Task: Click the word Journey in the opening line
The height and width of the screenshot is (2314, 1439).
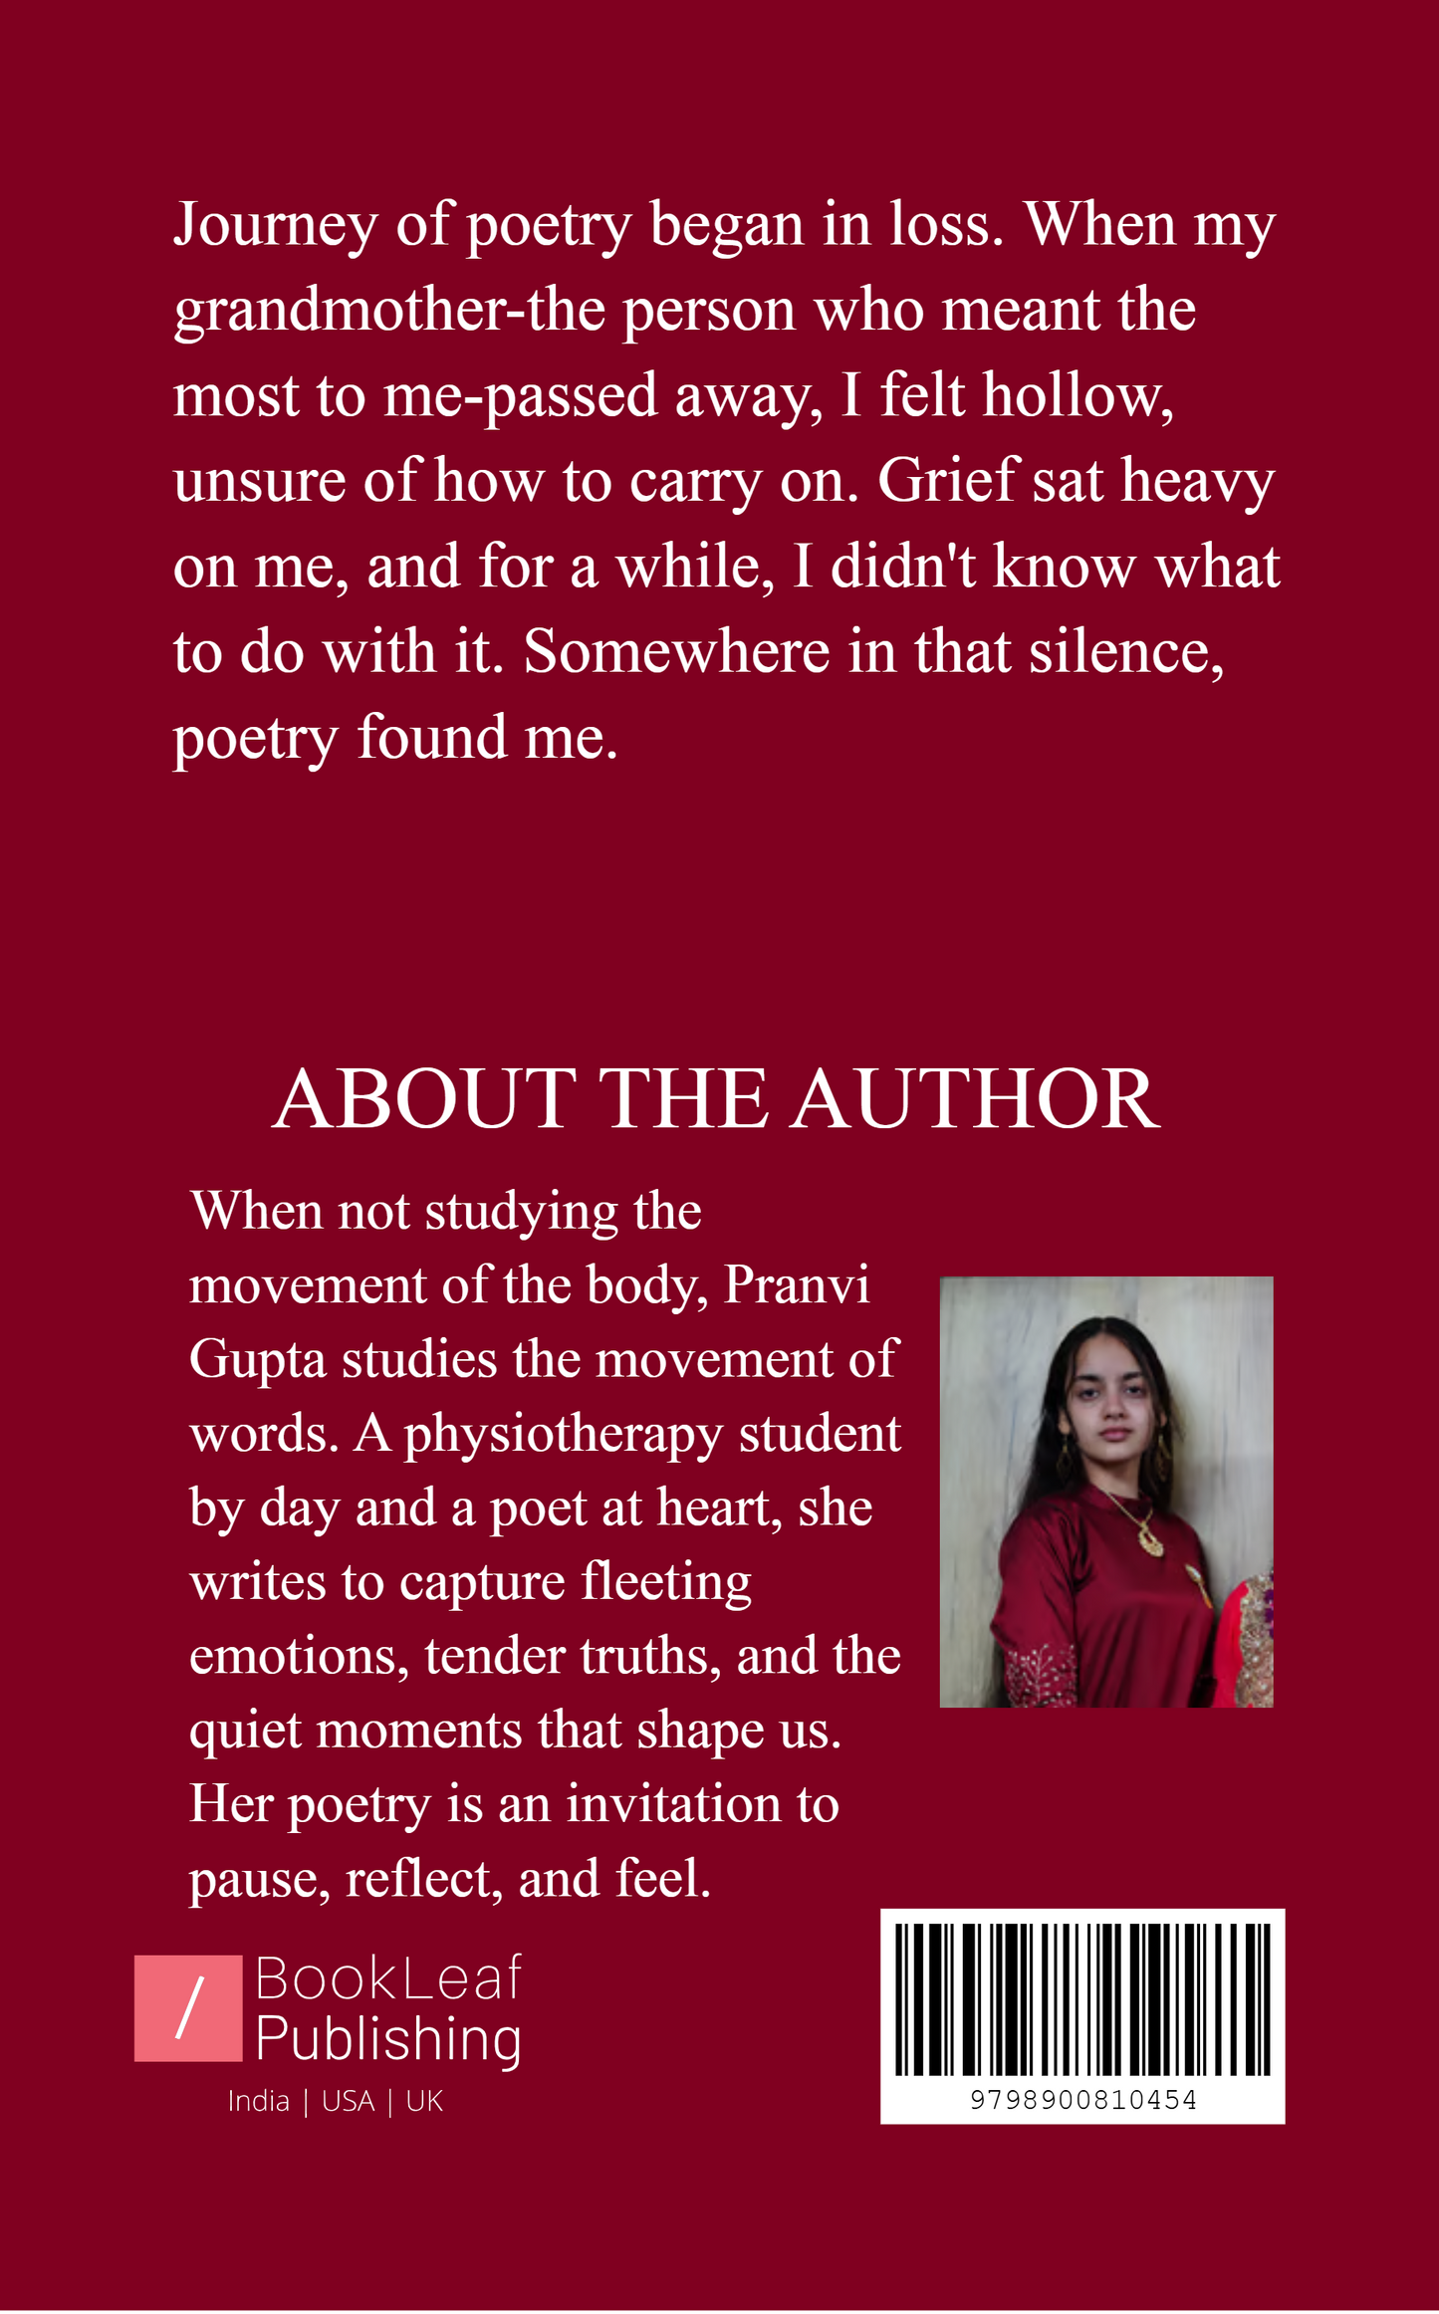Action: [275, 227]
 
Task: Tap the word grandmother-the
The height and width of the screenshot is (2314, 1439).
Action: [389, 312]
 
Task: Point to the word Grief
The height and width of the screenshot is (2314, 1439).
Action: [948, 482]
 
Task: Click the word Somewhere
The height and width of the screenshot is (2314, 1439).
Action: [676, 653]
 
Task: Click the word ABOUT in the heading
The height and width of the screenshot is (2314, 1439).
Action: [423, 1100]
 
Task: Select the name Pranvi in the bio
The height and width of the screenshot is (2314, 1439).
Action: [797, 1285]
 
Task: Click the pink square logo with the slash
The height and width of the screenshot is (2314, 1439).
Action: [188, 2007]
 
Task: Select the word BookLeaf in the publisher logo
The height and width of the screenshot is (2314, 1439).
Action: [388, 1978]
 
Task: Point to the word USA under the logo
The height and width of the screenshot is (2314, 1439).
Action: [348, 2102]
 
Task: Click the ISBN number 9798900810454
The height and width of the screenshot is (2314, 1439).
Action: [1082, 2100]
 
